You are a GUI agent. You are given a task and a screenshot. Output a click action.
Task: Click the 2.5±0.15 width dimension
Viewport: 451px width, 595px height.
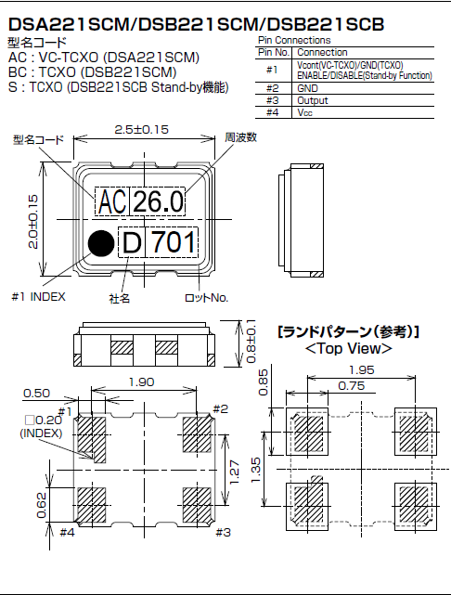(141, 131)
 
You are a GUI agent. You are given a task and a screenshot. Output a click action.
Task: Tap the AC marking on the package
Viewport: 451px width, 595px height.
(111, 200)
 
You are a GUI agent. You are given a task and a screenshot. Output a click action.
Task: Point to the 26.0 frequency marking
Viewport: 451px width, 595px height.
(159, 200)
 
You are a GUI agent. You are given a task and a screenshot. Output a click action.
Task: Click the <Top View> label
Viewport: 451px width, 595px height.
(348, 349)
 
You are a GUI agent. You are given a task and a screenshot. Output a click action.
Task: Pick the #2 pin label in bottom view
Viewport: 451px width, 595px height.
(220, 409)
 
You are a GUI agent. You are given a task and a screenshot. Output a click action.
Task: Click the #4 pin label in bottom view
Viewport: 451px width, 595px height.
(67, 532)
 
